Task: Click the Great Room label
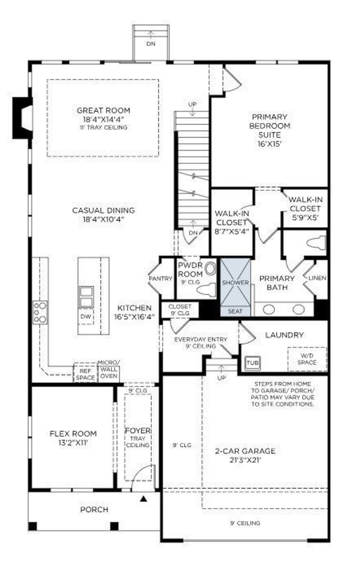103,110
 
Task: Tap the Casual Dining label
103,210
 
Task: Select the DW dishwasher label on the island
86,317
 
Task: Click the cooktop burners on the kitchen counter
40,312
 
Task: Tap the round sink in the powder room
210,269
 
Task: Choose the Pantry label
160,278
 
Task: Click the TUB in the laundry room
252,363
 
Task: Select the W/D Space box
307,359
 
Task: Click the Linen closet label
317,278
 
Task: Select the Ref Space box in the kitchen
85,374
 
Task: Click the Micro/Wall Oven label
109,369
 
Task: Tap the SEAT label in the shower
235,311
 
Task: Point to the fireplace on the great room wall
22,118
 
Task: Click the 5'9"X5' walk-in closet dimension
305,218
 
